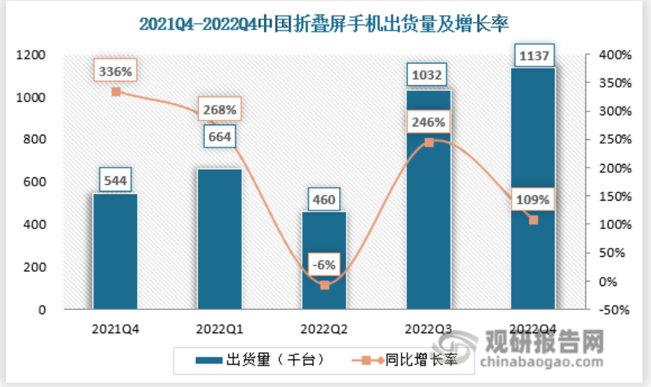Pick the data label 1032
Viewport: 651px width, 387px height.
click(x=429, y=75)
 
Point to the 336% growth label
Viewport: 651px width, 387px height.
click(x=116, y=72)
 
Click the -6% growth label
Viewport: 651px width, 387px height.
click(x=325, y=264)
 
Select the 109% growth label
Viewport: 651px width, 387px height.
click(x=532, y=200)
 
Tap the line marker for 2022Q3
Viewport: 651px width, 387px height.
click(x=429, y=141)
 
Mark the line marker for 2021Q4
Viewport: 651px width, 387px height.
click(x=116, y=92)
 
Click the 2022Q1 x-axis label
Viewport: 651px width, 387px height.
click(x=219, y=329)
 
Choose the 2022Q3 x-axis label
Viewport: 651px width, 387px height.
click(x=429, y=329)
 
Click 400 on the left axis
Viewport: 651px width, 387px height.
click(x=34, y=225)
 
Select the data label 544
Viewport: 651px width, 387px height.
click(x=115, y=180)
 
